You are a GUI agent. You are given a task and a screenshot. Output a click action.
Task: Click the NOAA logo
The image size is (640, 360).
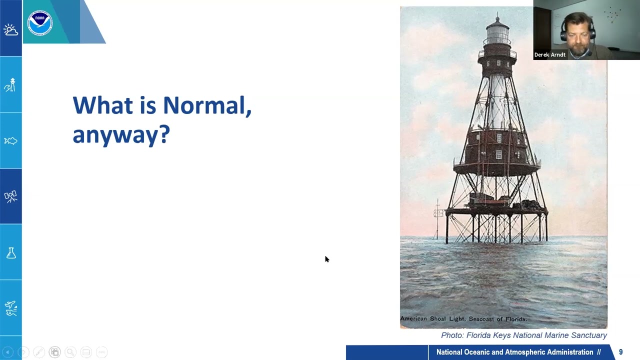tap(39, 22)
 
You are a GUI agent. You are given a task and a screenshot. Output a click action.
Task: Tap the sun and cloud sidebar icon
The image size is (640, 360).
tap(10, 30)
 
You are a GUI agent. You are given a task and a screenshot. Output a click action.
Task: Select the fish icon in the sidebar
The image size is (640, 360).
tap(10, 141)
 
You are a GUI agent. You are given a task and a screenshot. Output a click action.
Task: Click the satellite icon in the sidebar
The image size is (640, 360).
tap(10, 196)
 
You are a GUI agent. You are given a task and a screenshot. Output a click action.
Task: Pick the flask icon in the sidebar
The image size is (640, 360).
tap(10, 253)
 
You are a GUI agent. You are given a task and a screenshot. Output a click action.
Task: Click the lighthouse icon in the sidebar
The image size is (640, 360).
tap(10, 85)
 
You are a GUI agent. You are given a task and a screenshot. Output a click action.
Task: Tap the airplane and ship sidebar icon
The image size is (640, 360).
tap(10, 308)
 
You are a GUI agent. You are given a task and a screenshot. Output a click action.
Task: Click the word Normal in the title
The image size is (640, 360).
tap(206, 105)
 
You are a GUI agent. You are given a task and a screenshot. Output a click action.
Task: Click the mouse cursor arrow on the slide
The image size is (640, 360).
tap(326, 259)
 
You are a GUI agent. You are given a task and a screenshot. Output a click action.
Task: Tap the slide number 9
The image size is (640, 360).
tap(620, 352)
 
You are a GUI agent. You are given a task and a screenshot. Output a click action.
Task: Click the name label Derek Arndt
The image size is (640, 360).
tap(549, 55)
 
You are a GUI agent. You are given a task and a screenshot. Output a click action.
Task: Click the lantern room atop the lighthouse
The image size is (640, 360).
tap(497, 33)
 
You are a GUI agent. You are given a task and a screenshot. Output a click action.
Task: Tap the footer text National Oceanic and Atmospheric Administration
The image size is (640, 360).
tap(515, 352)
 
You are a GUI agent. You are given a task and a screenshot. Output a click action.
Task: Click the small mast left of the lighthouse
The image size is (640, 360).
tap(437, 217)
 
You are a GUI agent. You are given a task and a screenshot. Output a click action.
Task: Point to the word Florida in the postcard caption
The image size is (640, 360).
tap(515, 319)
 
